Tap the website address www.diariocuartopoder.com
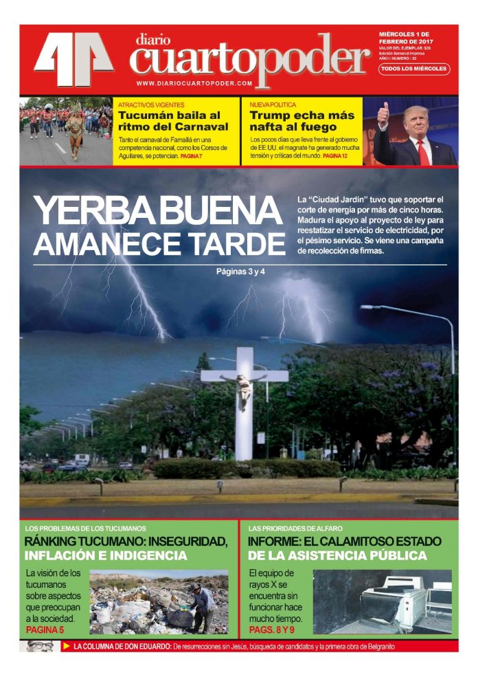(194, 83)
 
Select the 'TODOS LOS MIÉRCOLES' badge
(414, 69)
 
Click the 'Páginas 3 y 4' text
(240, 271)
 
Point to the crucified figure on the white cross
(242, 390)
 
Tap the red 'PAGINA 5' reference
(45, 629)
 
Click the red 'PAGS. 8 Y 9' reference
(271, 629)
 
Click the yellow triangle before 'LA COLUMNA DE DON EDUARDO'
(67, 646)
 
